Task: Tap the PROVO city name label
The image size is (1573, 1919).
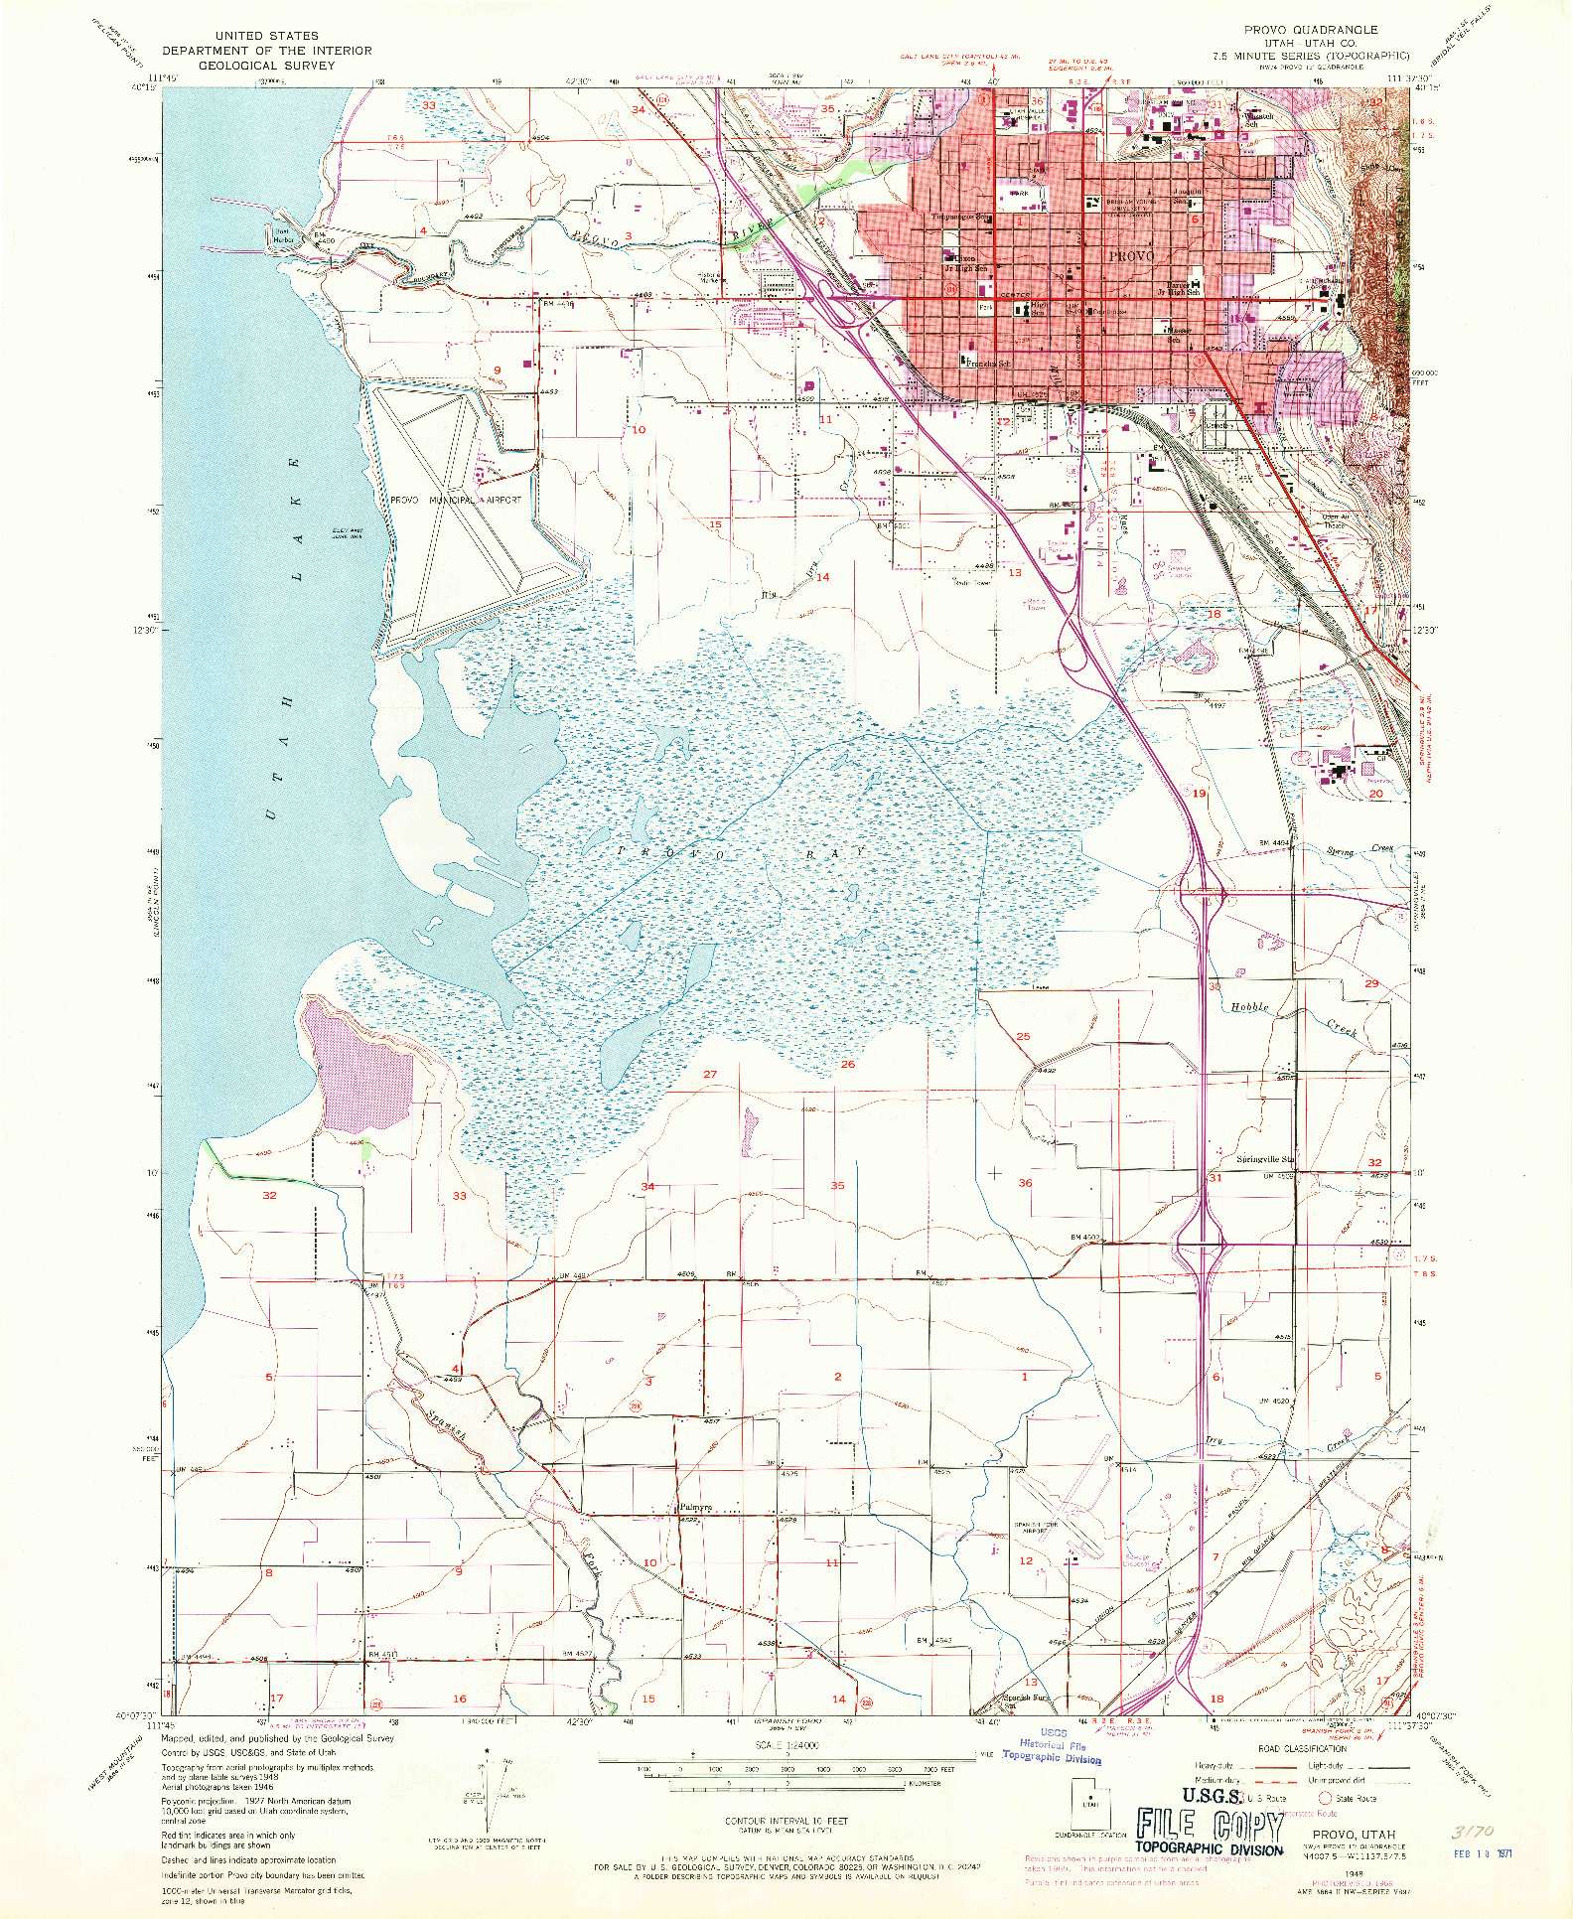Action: click(x=1131, y=256)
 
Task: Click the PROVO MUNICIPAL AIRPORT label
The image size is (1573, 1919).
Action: click(x=455, y=500)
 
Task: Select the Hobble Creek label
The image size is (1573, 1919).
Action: click(x=1249, y=1007)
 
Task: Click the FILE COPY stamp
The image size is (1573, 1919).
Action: click(x=1210, y=1826)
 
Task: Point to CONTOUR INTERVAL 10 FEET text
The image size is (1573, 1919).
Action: click(x=786, y=1821)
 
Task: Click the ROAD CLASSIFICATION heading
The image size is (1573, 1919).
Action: click(x=1302, y=1748)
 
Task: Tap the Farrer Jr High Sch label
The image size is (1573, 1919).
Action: click(x=1180, y=288)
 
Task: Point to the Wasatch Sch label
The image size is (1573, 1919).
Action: click(x=1257, y=119)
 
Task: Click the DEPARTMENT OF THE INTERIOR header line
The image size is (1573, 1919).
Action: click(x=266, y=51)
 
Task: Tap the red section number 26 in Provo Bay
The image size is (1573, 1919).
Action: click(x=847, y=1064)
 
